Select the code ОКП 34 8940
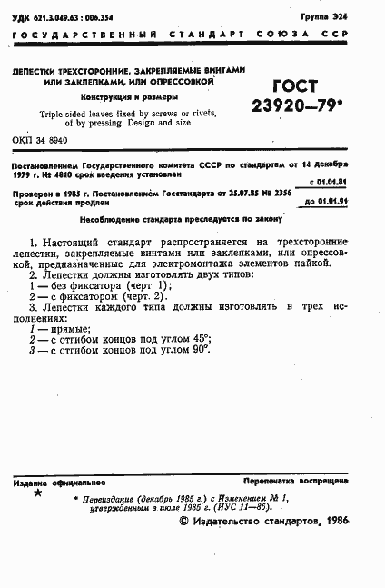coord(40,142)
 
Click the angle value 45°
coord(200,339)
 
